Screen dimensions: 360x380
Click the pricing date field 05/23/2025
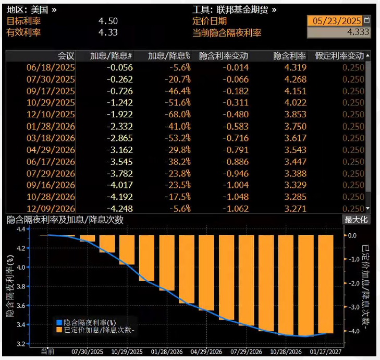(x=335, y=21)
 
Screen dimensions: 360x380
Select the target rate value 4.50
(x=108, y=21)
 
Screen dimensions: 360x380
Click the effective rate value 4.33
(x=108, y=32)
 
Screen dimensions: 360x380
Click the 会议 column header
(x=66, y=56)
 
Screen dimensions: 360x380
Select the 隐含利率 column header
(x=289, y=56)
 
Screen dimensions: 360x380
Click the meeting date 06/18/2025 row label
(x=51, y=68)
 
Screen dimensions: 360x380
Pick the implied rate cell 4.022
(x=295, y=103)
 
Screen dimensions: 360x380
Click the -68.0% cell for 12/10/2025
(x=178, y=114)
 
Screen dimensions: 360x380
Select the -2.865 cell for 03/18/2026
(x=120, y=138)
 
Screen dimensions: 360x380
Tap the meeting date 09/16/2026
(x=51, y=185)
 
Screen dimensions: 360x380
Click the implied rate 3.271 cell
(x=295, y=208)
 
